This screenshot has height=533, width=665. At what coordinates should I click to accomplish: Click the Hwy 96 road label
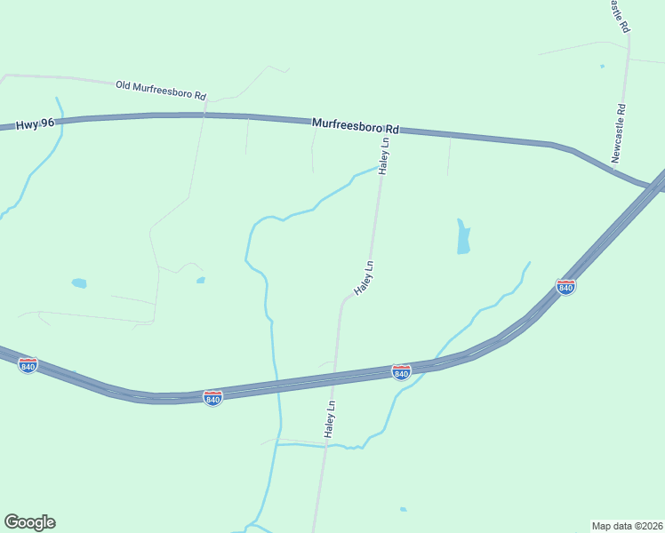(x=36, y=126)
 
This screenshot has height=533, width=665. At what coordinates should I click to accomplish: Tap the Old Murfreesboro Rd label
(x=161, y=90)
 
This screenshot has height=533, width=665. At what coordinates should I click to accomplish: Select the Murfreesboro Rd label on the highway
(x=356, y=127)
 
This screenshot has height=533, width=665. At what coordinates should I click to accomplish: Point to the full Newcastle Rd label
(x=620, y=133)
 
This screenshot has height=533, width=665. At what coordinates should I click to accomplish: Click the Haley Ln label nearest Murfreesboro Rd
(x=385, y=155)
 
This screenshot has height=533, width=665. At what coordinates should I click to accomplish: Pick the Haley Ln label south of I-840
(x=330, y=418)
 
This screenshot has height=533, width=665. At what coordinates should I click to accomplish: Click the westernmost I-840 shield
(x=28, y=365)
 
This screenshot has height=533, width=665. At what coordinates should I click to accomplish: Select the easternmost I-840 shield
(x=565, y=286)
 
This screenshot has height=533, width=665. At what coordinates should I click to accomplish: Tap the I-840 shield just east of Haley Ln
(x=401, y=372)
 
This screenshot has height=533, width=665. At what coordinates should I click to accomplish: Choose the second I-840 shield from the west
(x=212, y=398)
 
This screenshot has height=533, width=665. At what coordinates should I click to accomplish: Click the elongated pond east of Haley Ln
(x=463, y=237)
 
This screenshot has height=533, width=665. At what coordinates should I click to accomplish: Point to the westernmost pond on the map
(x=79, y=283)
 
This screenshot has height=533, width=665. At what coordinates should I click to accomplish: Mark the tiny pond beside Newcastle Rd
(x=602, y=66)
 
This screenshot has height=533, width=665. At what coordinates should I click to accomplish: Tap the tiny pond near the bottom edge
(x=403, y=509)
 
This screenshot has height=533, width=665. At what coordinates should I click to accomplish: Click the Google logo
(x=29, y=522)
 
